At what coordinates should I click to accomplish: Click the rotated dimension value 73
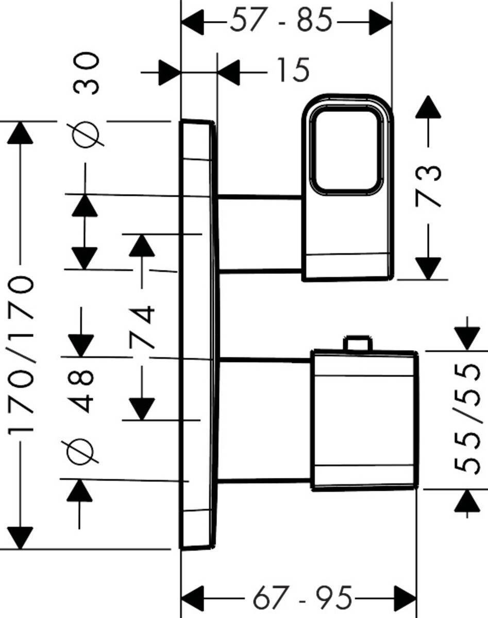429,186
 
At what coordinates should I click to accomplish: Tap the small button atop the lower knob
358,344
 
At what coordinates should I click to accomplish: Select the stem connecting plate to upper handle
260,233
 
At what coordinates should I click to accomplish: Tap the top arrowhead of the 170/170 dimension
21,134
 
